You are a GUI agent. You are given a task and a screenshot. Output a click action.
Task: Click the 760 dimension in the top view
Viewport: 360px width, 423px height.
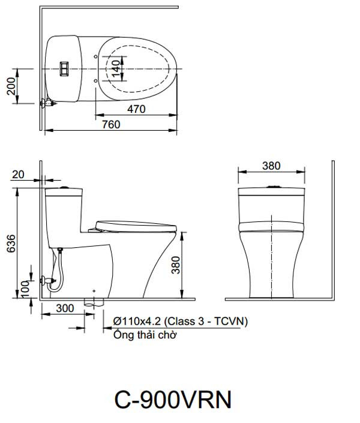click(111, 124)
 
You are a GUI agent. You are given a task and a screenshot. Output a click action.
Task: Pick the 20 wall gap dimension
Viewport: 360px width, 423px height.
click(18, 174)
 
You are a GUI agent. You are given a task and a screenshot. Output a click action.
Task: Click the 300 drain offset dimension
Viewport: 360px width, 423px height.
click(63, 308)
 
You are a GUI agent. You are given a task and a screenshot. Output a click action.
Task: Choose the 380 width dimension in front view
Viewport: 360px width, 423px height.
click(271, 166)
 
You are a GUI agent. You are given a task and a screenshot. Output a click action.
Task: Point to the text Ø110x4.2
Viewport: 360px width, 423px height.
click(137, 322)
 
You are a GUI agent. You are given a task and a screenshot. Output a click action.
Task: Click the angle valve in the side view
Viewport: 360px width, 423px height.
click(46, 280)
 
